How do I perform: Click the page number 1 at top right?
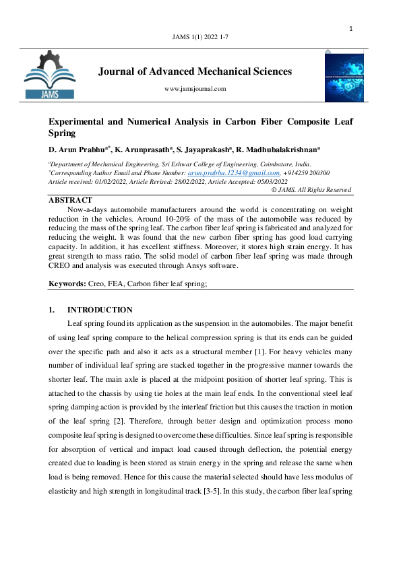(351, 29)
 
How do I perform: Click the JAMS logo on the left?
(50, 75)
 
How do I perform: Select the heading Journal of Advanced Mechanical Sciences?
(195, 71)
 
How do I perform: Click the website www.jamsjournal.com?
(195, 88)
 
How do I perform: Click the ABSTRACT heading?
(70, 200)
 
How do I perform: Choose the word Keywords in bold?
(67, 284)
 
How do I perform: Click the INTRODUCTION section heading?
(99, 310)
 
